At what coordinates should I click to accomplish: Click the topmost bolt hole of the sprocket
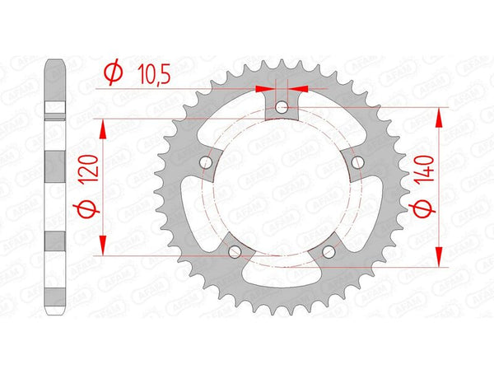[x=282, y=106]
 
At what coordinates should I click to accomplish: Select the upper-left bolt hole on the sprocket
[x=205, y=162]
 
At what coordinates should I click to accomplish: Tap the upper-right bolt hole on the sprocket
[x=357, y=162]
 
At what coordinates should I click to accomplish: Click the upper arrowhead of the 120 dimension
[x=104, y=125]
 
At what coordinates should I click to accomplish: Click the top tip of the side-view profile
[x=55, y=63]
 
